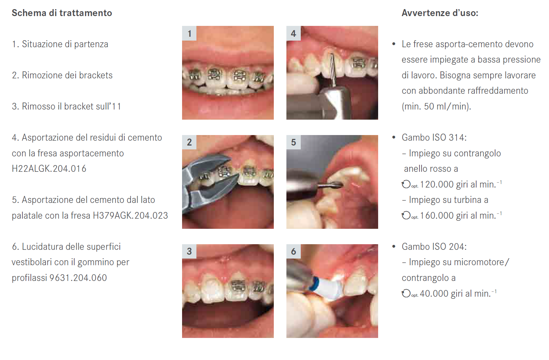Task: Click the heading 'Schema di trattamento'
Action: [62, 13]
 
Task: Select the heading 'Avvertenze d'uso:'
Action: [440, 13]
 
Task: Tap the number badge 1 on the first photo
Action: [189, 33]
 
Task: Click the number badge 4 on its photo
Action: [293, 33]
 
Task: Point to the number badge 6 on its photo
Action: [293, 251]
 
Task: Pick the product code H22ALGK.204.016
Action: [49, 169]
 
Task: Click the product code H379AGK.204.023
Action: [130, 216]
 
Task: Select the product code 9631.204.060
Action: [78, 278]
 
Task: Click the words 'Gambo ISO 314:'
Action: [434, 137]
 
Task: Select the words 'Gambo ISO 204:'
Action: [434, 247]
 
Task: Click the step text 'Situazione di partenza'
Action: [65, 44]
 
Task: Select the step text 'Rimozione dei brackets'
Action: [67, 75]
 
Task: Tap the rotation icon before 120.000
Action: [406, 184]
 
